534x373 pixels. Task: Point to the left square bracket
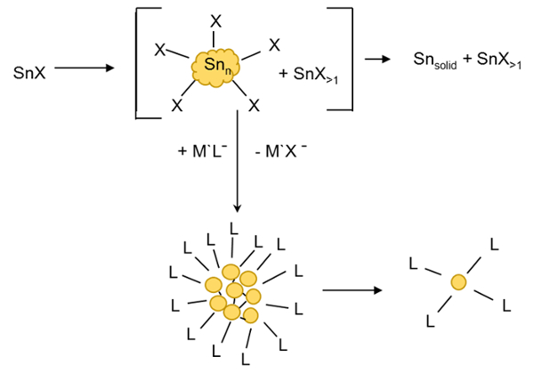point(140,62)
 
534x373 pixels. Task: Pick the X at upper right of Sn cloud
point(275,44)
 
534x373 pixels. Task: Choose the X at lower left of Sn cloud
point(176,105)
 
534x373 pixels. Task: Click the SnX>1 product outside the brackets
point(496,60)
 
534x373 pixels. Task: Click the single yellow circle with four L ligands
point(458,283)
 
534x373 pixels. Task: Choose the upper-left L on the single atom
point(412,263)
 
